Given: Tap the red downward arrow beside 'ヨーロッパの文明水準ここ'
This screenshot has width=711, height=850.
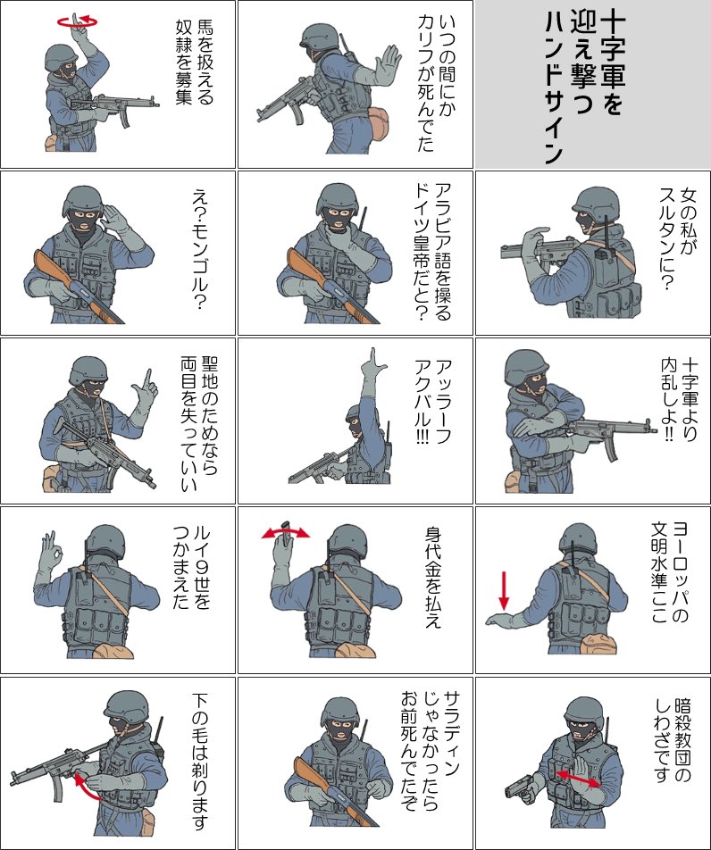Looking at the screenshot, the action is [x=504, y=590].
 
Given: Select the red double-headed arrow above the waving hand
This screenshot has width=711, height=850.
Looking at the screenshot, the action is [x=285, y=532].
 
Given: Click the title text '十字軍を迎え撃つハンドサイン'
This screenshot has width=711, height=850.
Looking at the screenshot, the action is [x=585, y=87].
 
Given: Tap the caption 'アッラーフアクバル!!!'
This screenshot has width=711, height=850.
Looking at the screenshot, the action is [x=433, y=402].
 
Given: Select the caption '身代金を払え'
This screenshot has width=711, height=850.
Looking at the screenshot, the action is [x=433, y=578].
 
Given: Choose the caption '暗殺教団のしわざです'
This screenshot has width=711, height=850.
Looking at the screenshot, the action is [x=673, y=741].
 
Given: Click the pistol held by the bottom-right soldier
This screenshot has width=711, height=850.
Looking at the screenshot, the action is [x=520, y=785].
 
